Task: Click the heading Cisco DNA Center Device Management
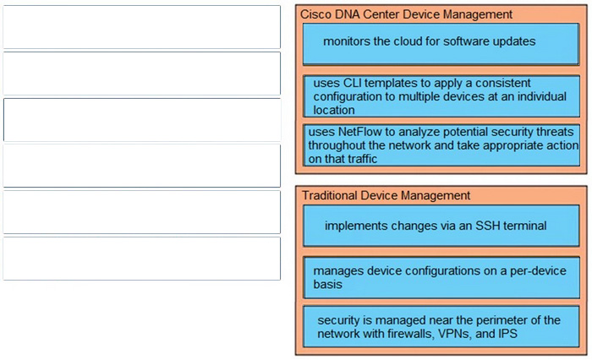point(406,14)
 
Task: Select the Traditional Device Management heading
point(386,195)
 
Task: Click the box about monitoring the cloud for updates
point(441,44)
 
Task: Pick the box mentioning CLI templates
point(441,96)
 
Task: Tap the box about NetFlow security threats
point(441,145)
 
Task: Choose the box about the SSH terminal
point(441,226)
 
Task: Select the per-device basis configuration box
point(441,278)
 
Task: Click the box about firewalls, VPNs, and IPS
point(441,326)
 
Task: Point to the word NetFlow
point(359,132)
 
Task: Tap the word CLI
point(353,83)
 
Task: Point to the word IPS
point(507,334)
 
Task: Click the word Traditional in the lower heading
point(330,195)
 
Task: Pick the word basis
point(327,284)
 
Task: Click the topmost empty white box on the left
point(141,27)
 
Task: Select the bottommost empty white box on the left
point(141,259)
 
